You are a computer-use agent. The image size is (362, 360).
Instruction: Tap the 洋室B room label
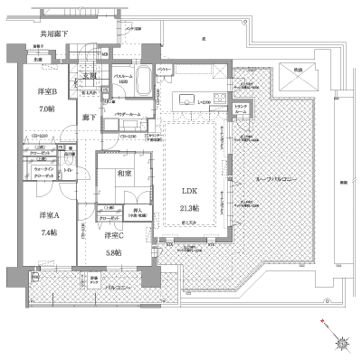coord(50,91)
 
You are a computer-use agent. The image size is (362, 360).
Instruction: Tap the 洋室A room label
coord(50,215)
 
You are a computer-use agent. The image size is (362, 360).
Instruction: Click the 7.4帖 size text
coord(50,232)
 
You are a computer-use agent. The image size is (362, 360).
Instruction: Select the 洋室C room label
coord(112,237)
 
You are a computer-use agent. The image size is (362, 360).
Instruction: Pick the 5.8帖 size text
coord(112,253)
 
